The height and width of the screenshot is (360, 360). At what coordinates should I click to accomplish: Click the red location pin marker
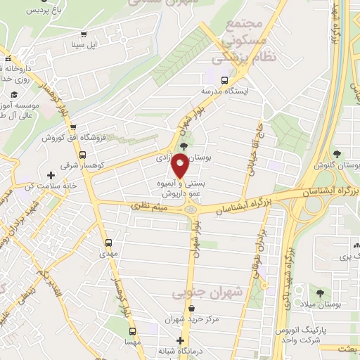pos(180,167)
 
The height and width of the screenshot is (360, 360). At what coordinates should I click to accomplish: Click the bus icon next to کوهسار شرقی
pos(82,155)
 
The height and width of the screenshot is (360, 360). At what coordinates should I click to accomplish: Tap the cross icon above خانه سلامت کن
pos(50,174)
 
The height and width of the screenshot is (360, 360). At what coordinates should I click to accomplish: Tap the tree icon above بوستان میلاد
pos(321,292)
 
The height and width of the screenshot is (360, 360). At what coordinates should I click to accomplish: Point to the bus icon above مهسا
pos(131,330)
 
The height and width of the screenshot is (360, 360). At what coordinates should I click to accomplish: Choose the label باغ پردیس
pos(25,11)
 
